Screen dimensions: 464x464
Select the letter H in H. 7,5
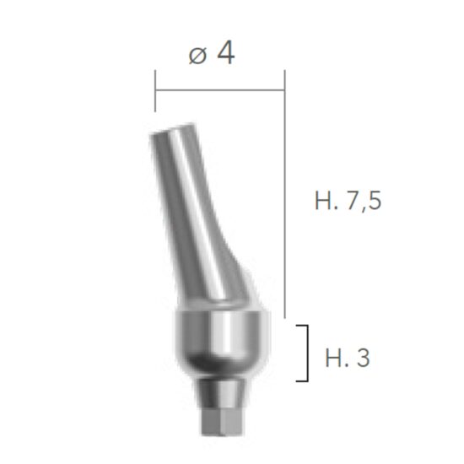(x=322, y=202)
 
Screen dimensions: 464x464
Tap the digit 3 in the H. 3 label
(x=364, y=358)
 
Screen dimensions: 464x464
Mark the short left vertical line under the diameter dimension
(x=155, y=97)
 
